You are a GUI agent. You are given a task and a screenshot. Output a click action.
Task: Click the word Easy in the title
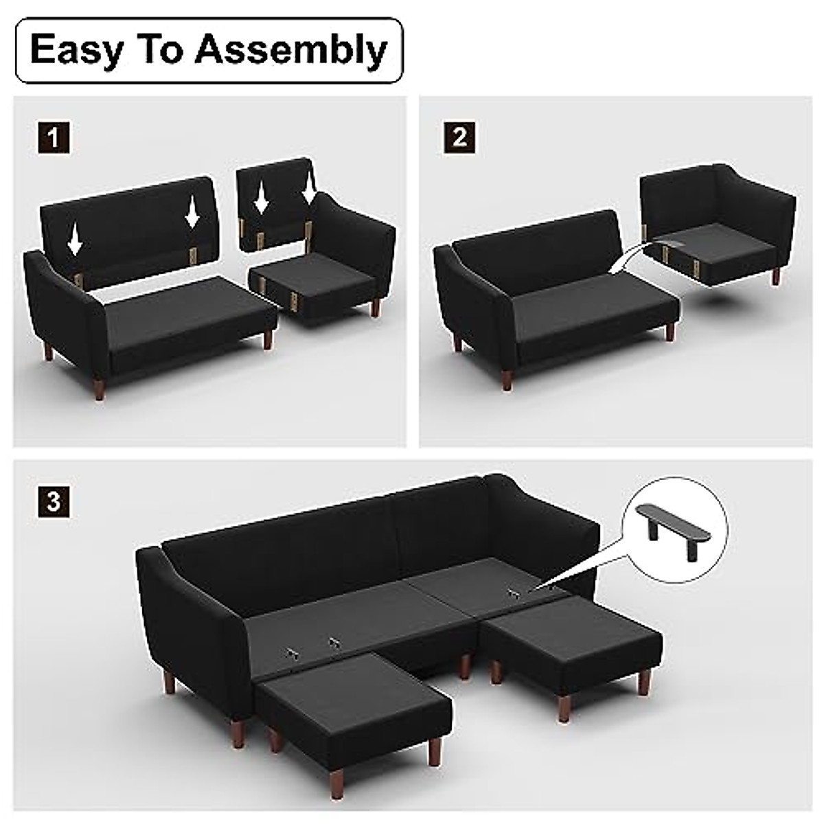click(x=76, y=50)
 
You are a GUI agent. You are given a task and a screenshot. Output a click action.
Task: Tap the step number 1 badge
click(x=53, y=137)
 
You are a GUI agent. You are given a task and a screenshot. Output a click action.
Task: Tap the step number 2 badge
click(x=459, y=137)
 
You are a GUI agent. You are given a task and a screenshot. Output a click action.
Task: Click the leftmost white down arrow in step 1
click(x=76, y=240)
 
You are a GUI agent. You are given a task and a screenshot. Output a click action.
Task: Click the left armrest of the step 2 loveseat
click(x=467, y=302)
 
